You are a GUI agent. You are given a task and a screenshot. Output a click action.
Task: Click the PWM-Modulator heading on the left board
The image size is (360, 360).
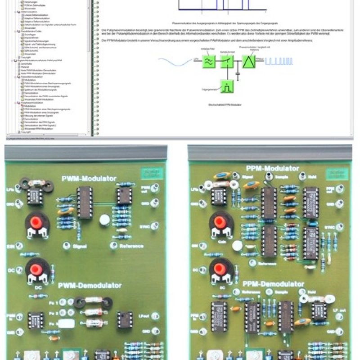tap(89, 179)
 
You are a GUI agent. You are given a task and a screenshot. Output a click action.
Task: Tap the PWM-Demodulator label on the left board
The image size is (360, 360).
tap(90, 285)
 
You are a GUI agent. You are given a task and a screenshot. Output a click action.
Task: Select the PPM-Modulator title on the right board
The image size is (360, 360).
tap(273, 168)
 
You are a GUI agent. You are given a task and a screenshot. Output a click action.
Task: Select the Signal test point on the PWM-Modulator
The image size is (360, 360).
tap(66, 245)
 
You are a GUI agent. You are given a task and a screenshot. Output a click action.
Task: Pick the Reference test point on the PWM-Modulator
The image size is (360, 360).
tap(113, 245)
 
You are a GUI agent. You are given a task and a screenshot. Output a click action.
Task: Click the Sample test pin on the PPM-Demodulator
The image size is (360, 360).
tap(269, 292)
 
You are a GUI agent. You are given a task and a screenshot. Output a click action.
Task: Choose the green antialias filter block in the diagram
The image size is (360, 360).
tap(209, 61)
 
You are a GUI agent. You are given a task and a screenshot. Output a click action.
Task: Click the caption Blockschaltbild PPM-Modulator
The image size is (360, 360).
tap(222, 104)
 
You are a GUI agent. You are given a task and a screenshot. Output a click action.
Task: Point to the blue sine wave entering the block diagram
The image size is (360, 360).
tap(173, 61)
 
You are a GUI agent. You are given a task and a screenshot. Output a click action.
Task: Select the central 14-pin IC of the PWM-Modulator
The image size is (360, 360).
tap(85, 202)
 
